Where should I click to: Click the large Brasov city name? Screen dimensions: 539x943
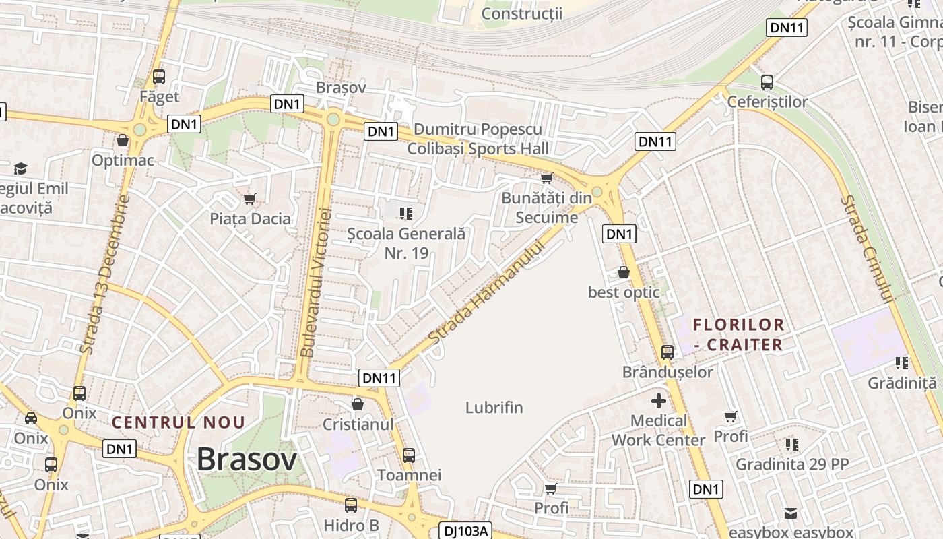247,460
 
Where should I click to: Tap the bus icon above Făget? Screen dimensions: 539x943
159,77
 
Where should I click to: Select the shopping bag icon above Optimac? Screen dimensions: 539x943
123,140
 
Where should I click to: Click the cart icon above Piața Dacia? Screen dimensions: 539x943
250,199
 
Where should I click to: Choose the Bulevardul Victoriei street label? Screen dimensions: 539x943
317,283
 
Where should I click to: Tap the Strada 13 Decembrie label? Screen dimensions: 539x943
104,275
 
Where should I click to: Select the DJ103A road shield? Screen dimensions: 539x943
465,531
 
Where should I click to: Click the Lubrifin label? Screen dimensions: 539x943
494,408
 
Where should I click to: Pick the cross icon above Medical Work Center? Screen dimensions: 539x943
659,401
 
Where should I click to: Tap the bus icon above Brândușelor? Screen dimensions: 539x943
668,352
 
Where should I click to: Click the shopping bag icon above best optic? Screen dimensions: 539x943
624,272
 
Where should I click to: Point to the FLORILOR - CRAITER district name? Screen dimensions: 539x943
739,335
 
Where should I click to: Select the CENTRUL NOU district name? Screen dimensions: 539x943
178,423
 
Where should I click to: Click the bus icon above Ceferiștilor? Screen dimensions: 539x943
767,82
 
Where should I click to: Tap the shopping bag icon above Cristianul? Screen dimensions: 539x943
358,404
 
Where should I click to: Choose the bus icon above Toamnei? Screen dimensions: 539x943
409,455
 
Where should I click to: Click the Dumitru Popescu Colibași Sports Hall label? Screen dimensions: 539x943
478,139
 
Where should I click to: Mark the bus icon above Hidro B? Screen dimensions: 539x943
351,505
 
